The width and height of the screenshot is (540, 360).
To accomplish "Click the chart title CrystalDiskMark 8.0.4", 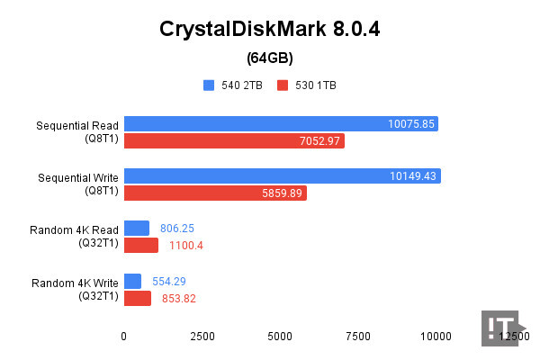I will [269, 29].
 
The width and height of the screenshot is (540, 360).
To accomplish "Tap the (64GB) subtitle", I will [269, 58].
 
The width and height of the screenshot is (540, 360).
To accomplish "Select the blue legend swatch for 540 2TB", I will [209, 85].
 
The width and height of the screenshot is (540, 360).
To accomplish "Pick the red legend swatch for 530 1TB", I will [282, 85].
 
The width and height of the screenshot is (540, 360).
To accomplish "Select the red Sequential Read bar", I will [234, 140].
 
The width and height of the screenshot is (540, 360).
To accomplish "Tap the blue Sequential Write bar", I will [282, 176].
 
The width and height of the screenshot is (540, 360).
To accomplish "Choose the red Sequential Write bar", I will [215, 193].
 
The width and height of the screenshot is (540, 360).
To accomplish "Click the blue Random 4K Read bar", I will [136, 229].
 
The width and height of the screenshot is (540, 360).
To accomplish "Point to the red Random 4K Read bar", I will [140, 245].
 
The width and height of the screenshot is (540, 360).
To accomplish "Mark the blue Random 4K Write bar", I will [132, 281].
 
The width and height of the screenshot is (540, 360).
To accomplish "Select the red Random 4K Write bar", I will [137, 298].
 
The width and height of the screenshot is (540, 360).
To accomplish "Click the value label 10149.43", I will [413, 176].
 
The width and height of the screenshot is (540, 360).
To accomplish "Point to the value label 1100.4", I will [186, 246].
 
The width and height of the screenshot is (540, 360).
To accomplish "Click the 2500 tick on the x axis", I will [202, 336].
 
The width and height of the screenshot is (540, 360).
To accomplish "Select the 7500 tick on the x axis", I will [358, 336].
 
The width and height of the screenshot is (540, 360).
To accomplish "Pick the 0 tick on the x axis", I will [124, 336].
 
